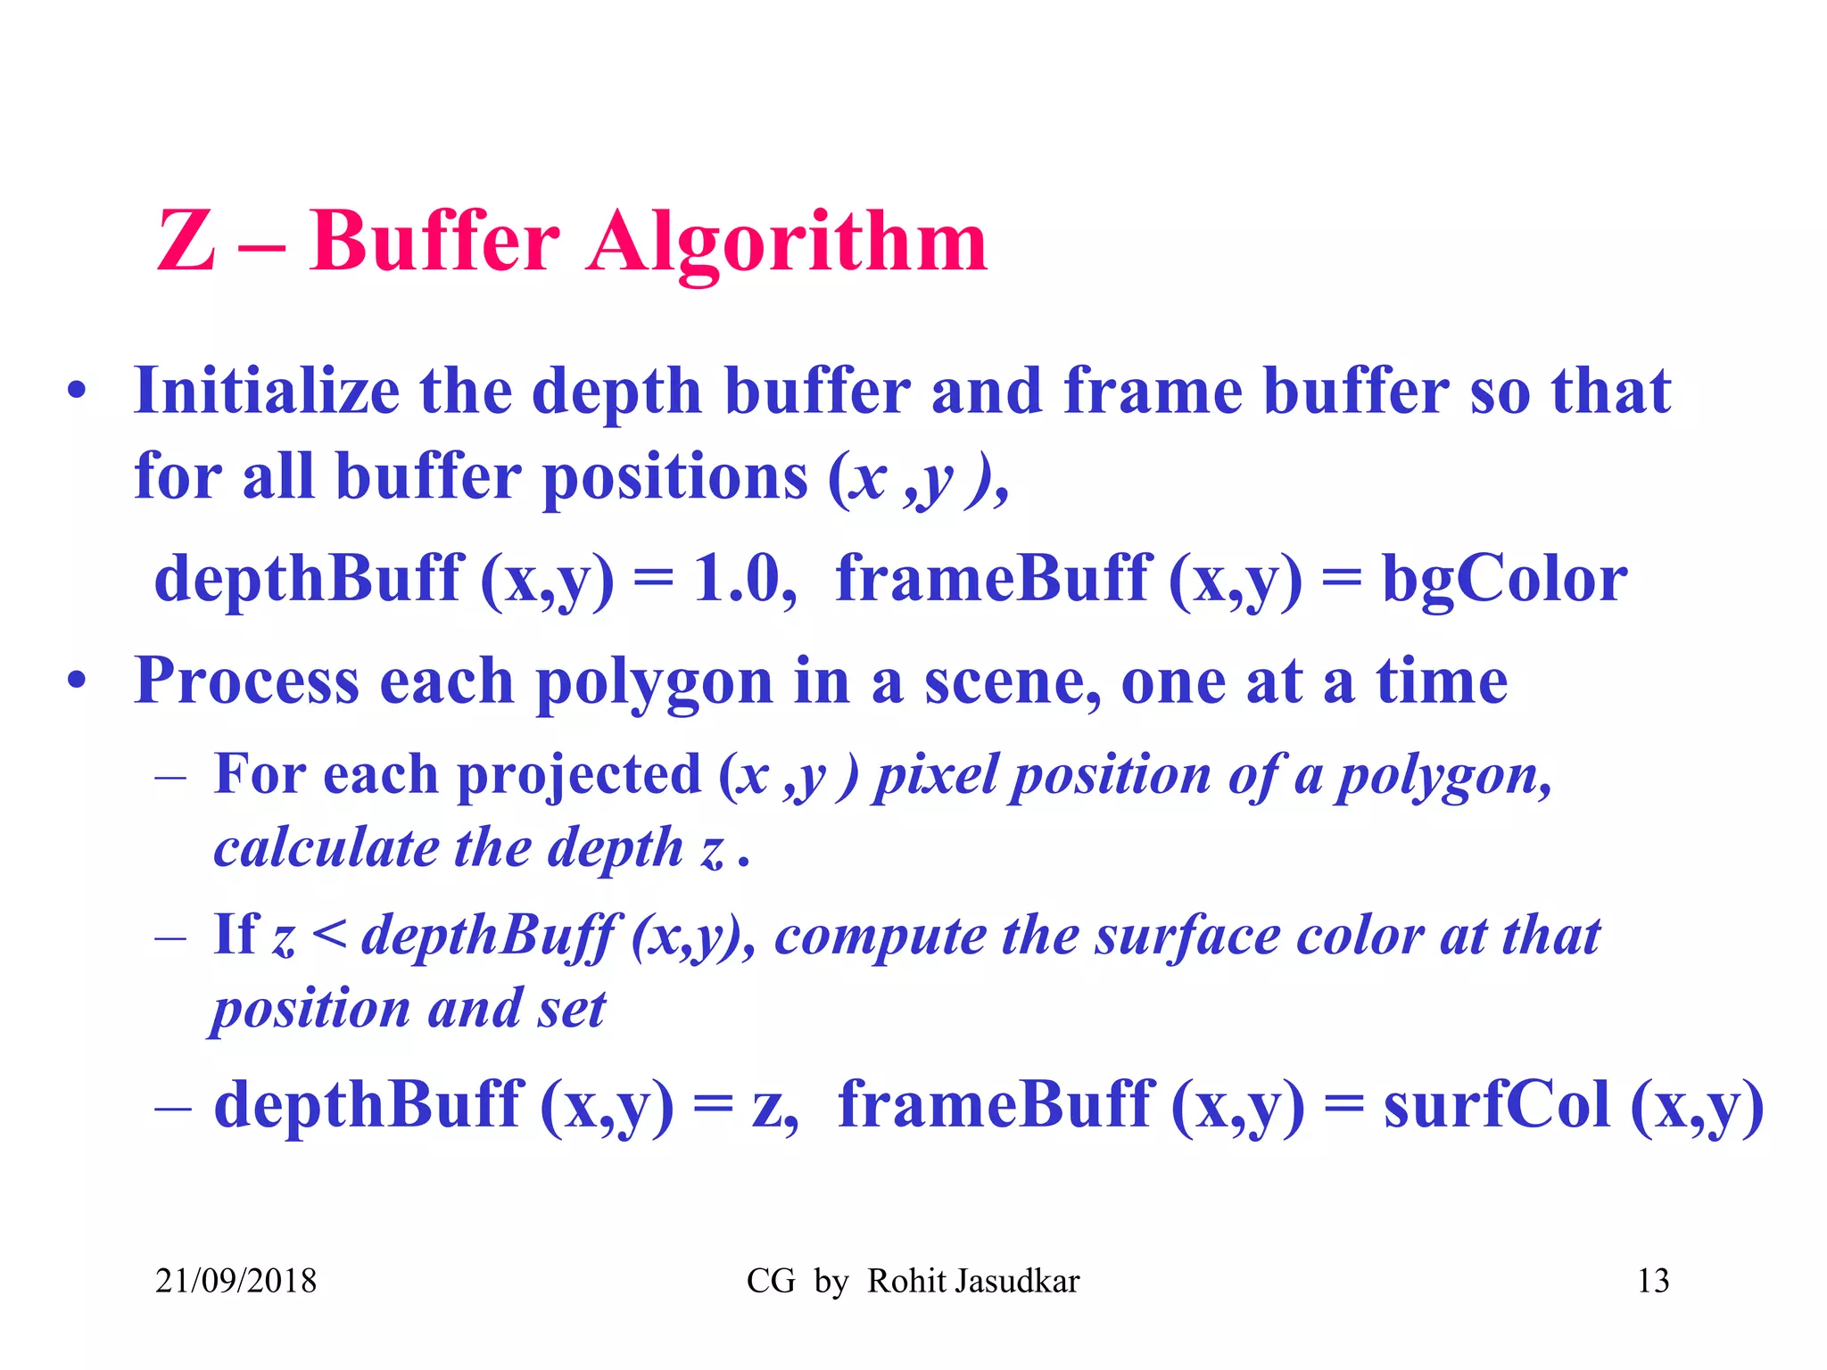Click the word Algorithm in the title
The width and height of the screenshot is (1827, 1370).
787,243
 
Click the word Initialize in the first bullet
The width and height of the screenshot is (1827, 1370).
266,392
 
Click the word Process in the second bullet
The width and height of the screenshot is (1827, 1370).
246,681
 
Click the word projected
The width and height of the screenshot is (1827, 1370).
579,774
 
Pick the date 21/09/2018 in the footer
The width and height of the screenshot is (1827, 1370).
236,1282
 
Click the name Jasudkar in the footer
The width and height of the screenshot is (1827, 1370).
1016,1282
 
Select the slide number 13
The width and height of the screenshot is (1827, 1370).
1653,1282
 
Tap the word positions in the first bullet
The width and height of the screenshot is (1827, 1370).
674,477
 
